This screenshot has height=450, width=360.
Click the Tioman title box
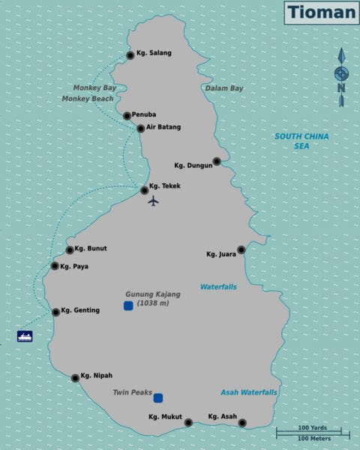point(321,12)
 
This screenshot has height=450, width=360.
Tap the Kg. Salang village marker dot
point(130,55)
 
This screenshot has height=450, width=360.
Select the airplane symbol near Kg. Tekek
point(154,200)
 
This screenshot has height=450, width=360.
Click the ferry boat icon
point(25,336)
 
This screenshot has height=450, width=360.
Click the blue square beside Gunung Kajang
point(128,305)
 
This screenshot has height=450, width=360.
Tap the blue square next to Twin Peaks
point(158,398)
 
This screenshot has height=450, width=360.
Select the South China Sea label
point(301,141)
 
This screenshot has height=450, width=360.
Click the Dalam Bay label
point(223,88)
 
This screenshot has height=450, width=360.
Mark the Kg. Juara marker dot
point(241,250)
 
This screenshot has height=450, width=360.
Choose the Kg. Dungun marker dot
point(216,161)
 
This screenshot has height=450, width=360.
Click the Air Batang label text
point(163,127)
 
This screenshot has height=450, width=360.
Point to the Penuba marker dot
point(127,115)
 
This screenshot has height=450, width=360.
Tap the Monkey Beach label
point(88,98)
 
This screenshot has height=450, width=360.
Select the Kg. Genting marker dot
point(55,312)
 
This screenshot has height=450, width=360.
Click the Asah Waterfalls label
point(248,392)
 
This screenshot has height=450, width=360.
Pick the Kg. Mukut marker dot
point(188,422)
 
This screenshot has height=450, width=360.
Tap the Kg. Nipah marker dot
point(75,378)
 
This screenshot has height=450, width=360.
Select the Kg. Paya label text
point(74,266)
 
